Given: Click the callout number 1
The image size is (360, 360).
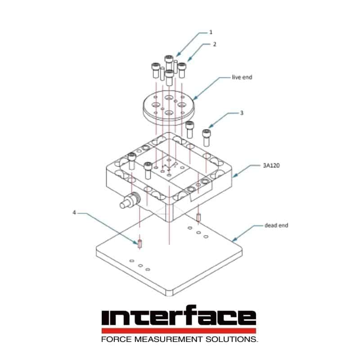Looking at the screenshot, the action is click(x=211, y=32).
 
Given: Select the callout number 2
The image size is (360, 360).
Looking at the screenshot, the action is click(x=215, y=44).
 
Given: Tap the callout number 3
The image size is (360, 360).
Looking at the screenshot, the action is click(x=242, y=113).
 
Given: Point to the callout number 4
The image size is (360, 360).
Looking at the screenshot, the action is click(x=74, y=212).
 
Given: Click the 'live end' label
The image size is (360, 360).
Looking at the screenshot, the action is click(x=242, y=77).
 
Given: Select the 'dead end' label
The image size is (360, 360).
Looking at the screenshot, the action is click(x=276, y=225).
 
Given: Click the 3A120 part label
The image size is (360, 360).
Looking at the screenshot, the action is click(x=271, y=165).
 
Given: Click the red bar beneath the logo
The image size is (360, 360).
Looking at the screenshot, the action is click(x=179, y=331).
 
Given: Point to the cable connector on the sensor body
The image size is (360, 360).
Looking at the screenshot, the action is click(x=130, y=200).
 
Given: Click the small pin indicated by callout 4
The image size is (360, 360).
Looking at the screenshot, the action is click(x=140, y=243).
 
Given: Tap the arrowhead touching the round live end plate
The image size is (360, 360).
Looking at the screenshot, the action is click(x=195, y=98).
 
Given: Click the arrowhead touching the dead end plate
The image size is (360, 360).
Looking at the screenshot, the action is click(x=234, y=240).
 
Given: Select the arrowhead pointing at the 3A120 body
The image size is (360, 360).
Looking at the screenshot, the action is click(x=234, y=176).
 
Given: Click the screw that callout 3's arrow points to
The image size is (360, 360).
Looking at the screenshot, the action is click(x=206, y=138).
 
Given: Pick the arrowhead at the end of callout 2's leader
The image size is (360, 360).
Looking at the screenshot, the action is click(x=189, y=60).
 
